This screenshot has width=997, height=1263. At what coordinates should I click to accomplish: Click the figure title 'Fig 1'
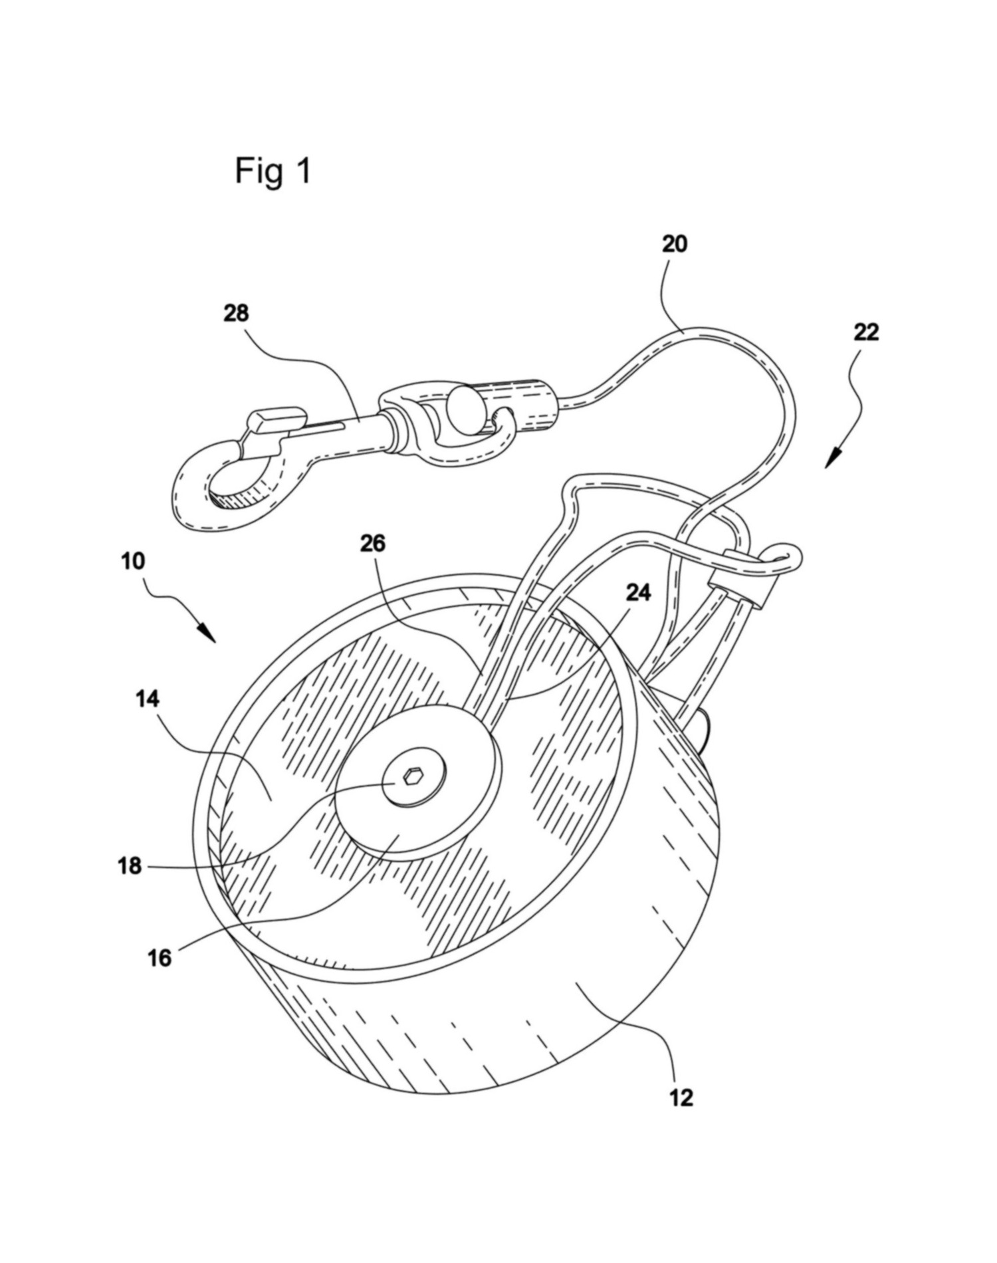273,172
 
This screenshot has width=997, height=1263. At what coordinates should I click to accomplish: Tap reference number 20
674,245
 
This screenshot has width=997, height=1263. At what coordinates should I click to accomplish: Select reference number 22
866,332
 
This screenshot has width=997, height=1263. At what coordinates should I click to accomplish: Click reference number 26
373,543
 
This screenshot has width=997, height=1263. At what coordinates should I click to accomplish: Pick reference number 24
638,591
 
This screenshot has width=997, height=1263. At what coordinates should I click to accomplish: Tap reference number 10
133,561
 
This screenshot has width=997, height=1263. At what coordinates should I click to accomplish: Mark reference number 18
130,866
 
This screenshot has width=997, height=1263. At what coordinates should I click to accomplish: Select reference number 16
160,958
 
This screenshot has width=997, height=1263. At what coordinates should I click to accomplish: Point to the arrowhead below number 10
207,632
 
